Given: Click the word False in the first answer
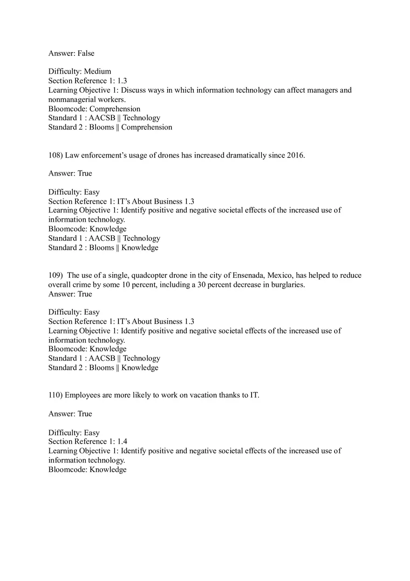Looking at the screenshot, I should (86, 53).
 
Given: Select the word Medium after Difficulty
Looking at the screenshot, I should (97, 71).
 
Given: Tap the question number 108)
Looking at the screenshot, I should (55, 155).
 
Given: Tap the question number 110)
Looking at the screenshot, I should (55, 395).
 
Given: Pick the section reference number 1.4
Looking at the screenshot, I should (122, 441).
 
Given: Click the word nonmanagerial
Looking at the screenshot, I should (72, 99).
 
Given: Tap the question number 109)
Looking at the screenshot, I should (55, 275).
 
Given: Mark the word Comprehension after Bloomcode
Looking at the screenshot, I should (115, 109).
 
